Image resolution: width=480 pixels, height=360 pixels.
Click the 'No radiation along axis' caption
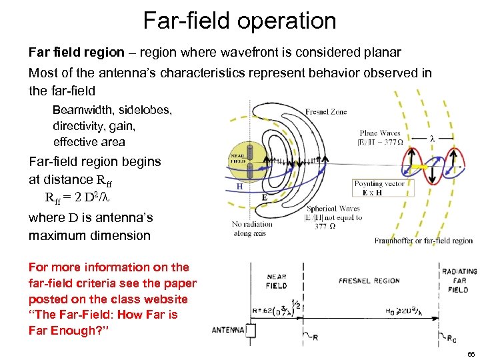(x=252, y=229)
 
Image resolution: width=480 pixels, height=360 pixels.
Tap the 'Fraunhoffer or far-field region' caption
(x=423, y=241)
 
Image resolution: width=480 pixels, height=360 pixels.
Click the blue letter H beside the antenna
(x=237, y=187)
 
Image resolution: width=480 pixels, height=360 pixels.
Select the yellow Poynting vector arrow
(x=419, y=166)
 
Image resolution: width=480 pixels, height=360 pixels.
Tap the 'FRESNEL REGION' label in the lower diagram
(x=369, y=281)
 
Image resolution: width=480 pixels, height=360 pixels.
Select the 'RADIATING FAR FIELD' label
(x=459, y=281)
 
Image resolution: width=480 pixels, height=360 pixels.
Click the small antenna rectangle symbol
(x=251, y=329)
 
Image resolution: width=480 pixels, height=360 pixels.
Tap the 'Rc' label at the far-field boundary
(x=451, y=337)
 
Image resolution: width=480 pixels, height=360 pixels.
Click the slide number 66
(x=471, y=353)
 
